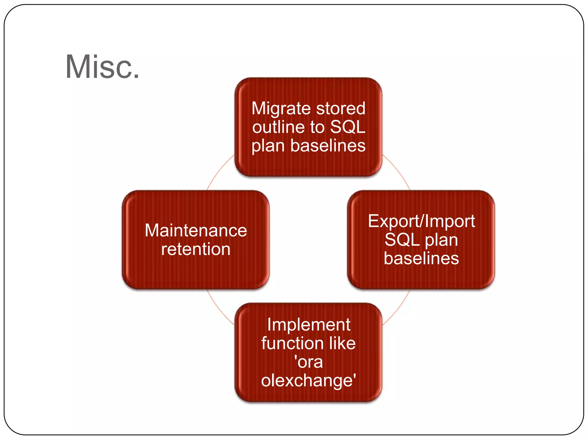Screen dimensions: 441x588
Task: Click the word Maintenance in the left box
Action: [x=196, y=230]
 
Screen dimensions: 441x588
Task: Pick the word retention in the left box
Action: [x=196, y=249]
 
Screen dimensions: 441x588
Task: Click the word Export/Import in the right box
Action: [x=421, y=221]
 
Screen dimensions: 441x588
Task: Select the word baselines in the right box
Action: [x=421, y=258]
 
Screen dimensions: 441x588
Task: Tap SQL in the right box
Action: [x=401, y=240]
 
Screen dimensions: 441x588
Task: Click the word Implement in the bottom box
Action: [x=308, y=325]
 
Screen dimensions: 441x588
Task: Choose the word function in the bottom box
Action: [x=290, y=343]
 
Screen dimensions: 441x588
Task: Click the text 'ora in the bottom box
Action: [x=308, y=362]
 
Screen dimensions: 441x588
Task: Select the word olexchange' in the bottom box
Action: [x=308, y=380]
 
